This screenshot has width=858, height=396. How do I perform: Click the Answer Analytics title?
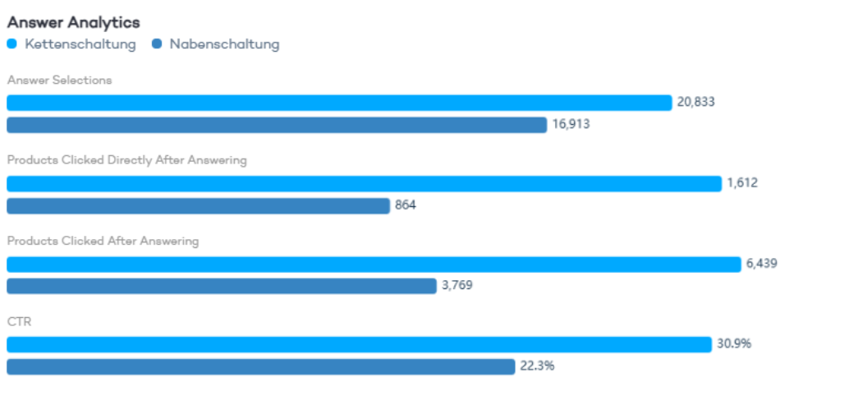pyautogui.click(x=73, y=22)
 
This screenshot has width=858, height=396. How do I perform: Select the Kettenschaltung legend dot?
pyautogui.click(x=11, y=44)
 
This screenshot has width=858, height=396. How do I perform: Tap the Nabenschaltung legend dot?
pyautogui.click(x=157, y=44)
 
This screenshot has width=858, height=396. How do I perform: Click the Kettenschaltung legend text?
pyautogui.click(x=80, y=44)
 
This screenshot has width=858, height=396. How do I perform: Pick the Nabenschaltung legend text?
pyautogui.click(x=224, y=44)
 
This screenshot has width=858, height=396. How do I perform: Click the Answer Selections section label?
pyautogui.click(x=59, y=81)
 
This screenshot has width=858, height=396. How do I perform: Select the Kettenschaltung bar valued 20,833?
pyautogui.click(x=339, y=103)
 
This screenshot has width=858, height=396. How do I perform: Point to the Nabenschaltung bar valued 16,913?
pyautogui.click(x=277, y=125)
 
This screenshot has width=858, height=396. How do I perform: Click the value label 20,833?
pyautogui.click(x=695, y=103)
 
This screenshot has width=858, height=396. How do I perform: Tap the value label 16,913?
pyautogui.click(x=571, y=125)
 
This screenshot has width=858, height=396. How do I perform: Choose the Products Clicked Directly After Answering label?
pyautogui.click(x=126, y=160)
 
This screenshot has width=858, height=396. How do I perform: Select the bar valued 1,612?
pyautogui.click(x=364, y=183)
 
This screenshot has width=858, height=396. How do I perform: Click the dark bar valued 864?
pyautogui.click(x=198, y=205)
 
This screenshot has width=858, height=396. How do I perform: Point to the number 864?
pyautogui.click(x=406, y=205)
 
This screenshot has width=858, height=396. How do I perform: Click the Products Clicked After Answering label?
pyautogui.click(x=103, y=241)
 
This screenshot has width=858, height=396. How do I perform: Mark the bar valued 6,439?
pyautogui.click(x=374, y=264)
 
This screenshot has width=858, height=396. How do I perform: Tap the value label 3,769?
pyautogui.click(x=457, y=286)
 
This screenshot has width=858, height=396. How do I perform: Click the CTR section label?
pyautogui.click(x=19, y=321)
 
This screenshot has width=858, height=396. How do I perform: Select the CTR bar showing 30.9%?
pyautogui.click(x=359, y=344)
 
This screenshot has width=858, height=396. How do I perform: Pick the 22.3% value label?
pyautogui.click(x=537, y=366)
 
